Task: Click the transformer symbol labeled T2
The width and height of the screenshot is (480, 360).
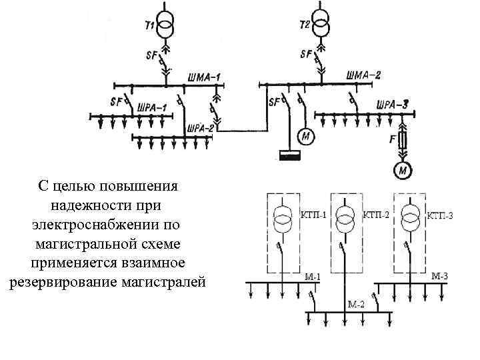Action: (322, 26)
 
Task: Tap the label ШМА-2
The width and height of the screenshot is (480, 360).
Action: (363, 75)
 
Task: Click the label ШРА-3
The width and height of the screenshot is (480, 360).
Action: (392, 104)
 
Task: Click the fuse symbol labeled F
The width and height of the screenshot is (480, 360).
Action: (403, 141)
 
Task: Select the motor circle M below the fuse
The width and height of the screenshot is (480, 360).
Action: (403, 171)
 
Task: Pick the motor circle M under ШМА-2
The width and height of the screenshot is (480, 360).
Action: (306, 137)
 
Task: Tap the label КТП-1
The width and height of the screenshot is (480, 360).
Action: (313, 215)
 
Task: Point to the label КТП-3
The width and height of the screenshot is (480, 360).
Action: (440, 215)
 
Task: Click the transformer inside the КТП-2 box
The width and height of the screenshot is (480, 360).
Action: (345, 217)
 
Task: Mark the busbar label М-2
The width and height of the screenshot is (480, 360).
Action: (357, 304)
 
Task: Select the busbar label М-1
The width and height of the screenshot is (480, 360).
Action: (313, 277)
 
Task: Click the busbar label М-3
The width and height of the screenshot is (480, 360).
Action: (440, 276)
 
